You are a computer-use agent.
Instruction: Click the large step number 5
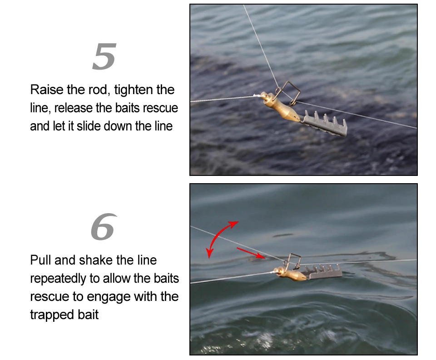(104, 56)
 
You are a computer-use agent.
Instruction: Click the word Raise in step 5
(47, 90)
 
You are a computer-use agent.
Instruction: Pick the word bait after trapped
(88, 315)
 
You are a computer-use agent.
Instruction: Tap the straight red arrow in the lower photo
(251, 253)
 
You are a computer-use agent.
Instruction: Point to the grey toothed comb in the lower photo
(324, 272)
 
